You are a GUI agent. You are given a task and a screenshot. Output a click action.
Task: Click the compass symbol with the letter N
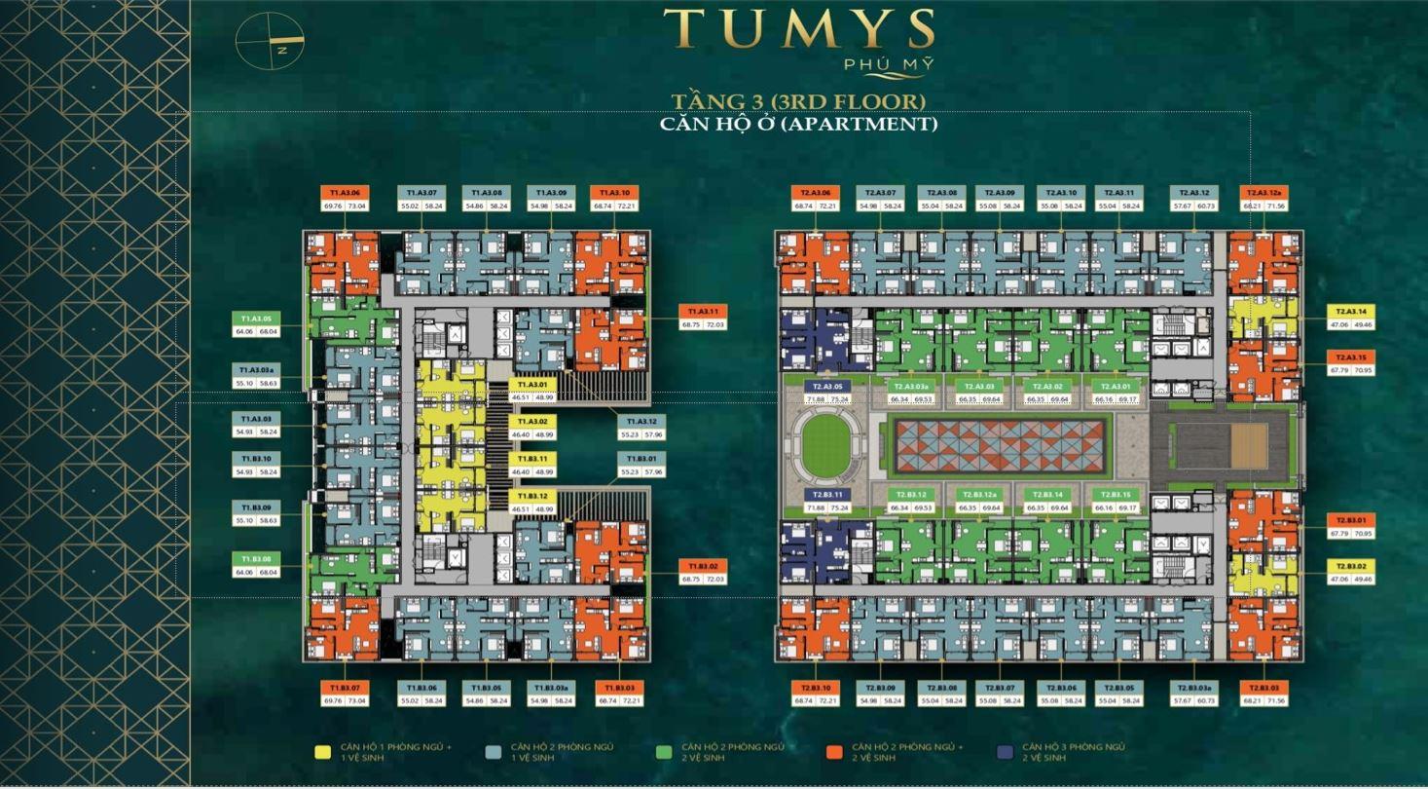click(x=270, y=41)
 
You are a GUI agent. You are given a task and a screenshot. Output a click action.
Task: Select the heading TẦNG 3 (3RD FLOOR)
click(x=798, y=101)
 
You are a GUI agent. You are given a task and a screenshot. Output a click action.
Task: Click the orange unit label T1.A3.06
click(x=345, y=193)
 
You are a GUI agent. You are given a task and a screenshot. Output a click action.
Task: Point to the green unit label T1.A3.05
click(x=256, y=319)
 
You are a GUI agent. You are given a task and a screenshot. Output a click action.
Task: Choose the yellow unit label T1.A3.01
click(x=532, y=385)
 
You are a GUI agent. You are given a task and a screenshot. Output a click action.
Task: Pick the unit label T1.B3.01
click(x=641, y=459)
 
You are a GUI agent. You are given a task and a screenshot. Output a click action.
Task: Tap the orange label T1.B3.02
click(x=703, y=566)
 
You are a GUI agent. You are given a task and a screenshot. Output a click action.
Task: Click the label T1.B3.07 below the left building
click(x=345, y=688)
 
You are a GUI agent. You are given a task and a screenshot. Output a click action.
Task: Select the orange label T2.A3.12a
click(x=1263, y=193)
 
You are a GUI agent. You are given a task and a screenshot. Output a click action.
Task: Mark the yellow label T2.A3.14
click(x=1350, y=312)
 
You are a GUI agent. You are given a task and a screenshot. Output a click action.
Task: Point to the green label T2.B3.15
click(x=1115, y=495)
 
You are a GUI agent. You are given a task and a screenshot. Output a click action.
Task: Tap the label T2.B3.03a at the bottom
click(x=1193, y=688)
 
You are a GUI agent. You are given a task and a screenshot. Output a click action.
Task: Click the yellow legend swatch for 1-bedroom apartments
click(x=322, y=752)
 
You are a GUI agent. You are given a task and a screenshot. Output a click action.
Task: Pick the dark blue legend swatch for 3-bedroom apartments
click(x=1005, y=752)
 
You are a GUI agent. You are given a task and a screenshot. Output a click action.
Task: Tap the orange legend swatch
click(x=833, y=752)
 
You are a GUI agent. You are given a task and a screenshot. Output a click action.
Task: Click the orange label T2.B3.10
click(x=816, y=688)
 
